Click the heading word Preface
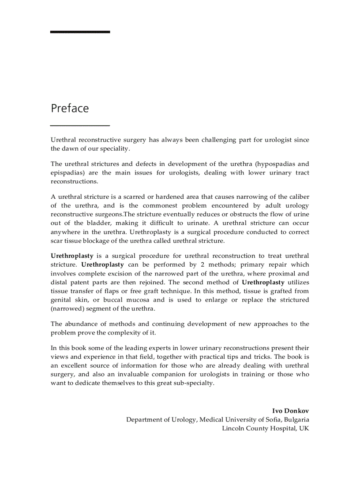pyautogui.click(x=70, y=108)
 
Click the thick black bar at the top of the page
pyautogui.click(x=80, y=32)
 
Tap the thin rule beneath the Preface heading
pyautogui.click(x=80, y=126)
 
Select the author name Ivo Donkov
pyautogui.click(x=290, y=411)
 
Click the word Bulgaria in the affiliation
pyautogui.click(x=296, y=420)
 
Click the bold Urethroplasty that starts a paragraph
pyautogui.click(x=72, y=256)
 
